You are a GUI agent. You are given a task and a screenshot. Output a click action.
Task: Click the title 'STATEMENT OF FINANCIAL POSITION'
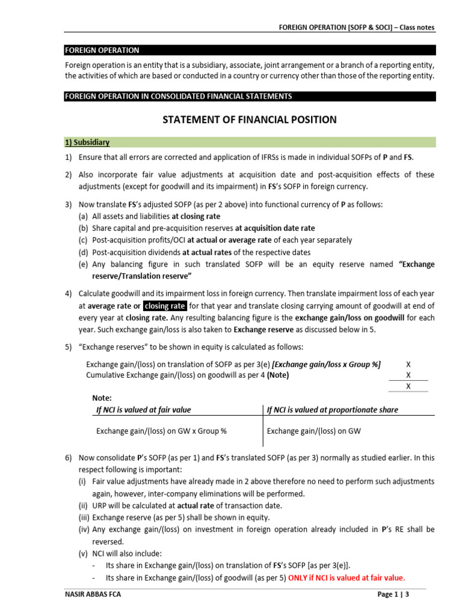pyautogui.click(x=250, y=120)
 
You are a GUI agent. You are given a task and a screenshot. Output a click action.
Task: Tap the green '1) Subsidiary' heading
pyautogui.click(x=88, y=143)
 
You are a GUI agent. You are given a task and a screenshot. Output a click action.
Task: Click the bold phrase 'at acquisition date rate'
pyautogui.click(x=275, y=228)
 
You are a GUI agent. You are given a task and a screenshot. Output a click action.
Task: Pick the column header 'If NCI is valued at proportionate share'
pyautogui.click(x=332, y=410)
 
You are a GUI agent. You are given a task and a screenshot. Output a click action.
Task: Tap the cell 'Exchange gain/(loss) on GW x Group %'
pyautogui.click(x=161, y=431)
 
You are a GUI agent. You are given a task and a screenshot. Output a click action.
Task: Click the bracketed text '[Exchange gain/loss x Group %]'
pyautogui.click(x=327, y=364)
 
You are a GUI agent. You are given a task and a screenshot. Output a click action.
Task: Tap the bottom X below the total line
pyautogui.click(x=408, y=386)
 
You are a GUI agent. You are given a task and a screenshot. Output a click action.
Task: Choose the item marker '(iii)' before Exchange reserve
pyautogui.click(x=85, y=517)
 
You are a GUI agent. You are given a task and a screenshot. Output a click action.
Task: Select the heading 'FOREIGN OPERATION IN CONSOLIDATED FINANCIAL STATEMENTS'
pyautogui.click(x=179, y=96)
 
